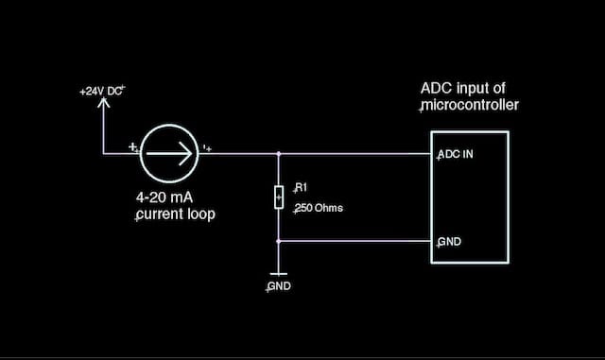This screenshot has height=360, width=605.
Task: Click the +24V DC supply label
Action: pyautogui.click(x=103, y=92)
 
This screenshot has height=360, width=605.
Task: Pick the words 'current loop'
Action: pyautogui.click(x=176, y=214)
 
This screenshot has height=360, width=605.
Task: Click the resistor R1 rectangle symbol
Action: pyautogui.click(x=279, y=197)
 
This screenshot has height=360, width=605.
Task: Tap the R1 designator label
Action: pyautogui.click(x=302, y=187)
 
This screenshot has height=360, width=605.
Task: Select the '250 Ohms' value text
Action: pyautogui.click(x=319, y=207)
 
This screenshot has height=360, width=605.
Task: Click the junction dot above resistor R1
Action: pyautogui.click(x=279, y=152)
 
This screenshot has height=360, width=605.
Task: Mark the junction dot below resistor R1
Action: pyautogui.click(x=279, y=241)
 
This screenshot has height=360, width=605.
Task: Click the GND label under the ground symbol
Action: pyautogui.click(x=279, y=286)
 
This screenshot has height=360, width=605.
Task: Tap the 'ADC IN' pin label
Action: pyautogui.click(x=455, y=154)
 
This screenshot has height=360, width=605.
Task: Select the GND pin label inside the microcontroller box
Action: pyautogui.click(x=449, y=242)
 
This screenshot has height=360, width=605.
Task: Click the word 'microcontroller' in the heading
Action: pyautogui.click(x=469, y=106)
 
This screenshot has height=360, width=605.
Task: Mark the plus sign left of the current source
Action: pyautogui.click(x=133, y=147)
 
